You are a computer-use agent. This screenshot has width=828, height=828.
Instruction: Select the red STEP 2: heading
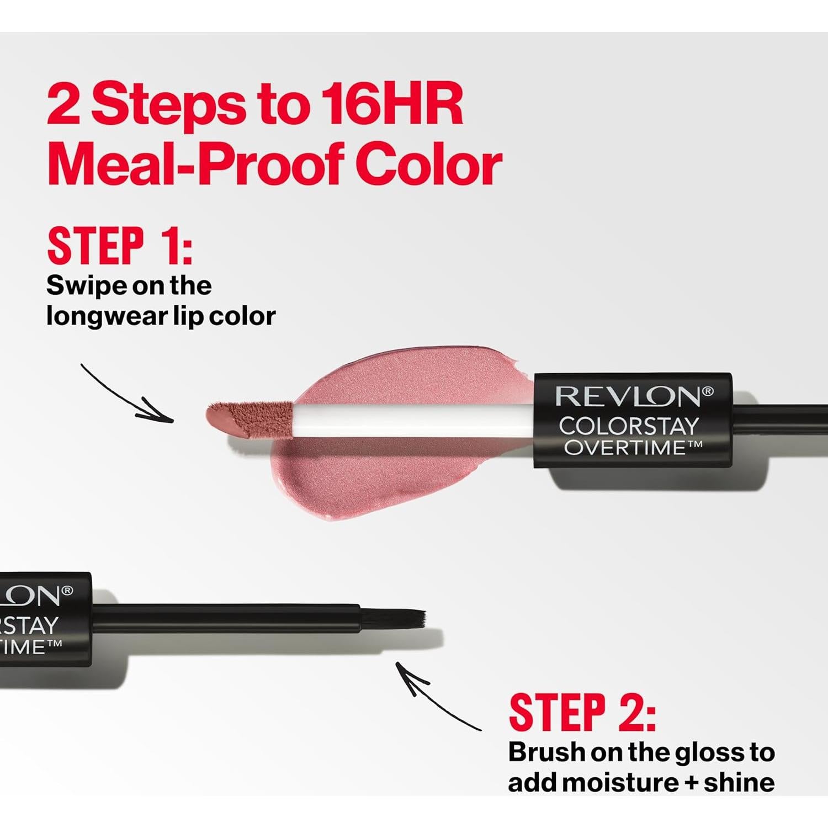point(582,713)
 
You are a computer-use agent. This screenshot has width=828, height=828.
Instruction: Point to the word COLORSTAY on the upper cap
point(629,426)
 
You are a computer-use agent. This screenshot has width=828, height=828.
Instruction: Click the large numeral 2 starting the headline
point(63,104)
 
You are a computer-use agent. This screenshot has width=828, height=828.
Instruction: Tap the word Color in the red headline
point(428,164)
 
